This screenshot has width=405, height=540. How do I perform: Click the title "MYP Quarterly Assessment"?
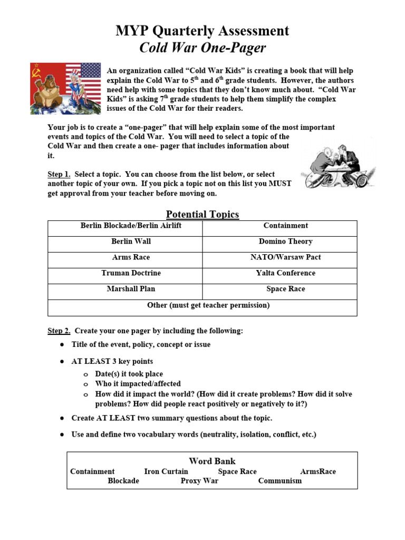point(202,31)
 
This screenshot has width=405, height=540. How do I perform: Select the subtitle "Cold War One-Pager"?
point(202,49)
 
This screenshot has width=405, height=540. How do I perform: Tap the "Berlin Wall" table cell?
point(131,242)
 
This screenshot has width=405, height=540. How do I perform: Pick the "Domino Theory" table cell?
point(285,242)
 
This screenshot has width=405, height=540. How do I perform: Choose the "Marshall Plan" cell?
point(131,289)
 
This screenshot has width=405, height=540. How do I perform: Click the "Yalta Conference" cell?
point(285,273)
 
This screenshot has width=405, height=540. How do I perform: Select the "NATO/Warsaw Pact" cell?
point(285,257)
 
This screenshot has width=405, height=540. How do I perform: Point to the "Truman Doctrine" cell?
point(131,273)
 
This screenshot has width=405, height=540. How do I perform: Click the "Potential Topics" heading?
point(202,214)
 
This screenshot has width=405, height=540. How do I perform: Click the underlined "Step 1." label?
point(59,174)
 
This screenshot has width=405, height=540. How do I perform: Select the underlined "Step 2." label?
point(59,331)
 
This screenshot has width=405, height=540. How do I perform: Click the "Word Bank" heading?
point(212,461)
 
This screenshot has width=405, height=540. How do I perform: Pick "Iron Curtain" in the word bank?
point(166,471)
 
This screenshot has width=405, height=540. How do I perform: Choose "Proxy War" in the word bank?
point(199,481)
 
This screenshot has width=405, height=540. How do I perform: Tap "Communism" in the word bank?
point(280,481)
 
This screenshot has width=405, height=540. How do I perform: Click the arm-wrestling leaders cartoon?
point(337,166)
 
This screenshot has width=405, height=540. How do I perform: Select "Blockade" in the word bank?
point(123,481)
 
